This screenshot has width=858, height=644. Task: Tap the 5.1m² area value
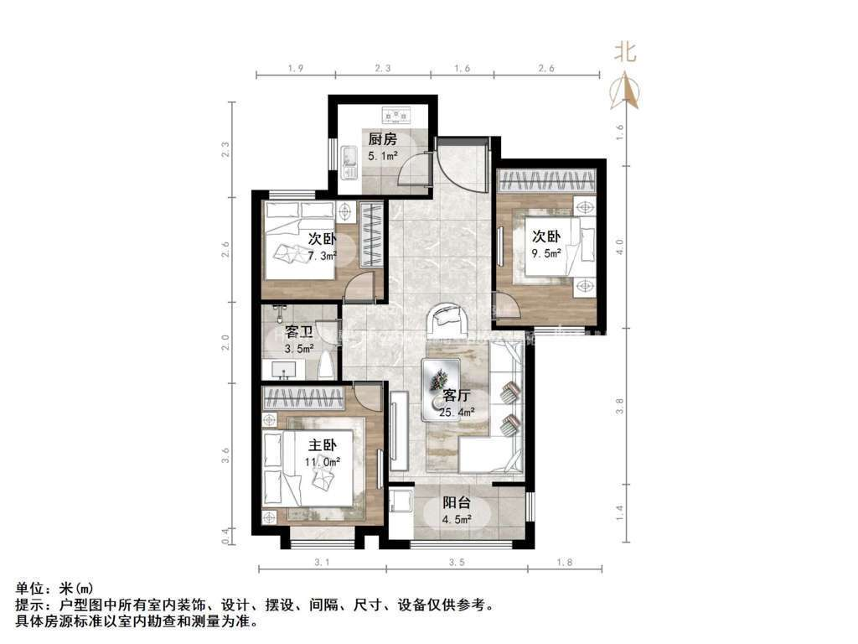pyautogui.click(x=382, y=155)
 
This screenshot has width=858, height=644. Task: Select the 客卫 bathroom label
pyautogui.click(x=299, y=333)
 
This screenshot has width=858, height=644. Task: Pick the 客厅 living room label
pyautogui.click(x=457, y=396)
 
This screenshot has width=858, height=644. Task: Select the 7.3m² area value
pyautogui.click(x=323, y=255)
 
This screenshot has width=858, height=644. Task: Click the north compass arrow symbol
pyautogui.click(x=626, y=91)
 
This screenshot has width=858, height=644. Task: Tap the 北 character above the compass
pyautogui.click(x=626, y=52)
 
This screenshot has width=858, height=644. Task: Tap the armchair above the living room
pyautogui.click(x=450, y=319)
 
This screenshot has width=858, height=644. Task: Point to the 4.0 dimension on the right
pyautogui.click(x=619, y=247)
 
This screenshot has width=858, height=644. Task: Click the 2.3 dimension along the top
pyautogui.click(x=380, y=69)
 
